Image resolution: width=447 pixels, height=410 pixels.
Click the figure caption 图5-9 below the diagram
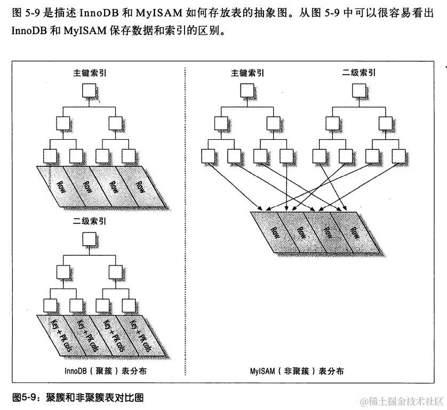(78, 397)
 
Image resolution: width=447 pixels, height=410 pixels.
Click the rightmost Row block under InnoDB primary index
(140, 187)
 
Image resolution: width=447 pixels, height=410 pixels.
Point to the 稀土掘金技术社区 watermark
(401, 400)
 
